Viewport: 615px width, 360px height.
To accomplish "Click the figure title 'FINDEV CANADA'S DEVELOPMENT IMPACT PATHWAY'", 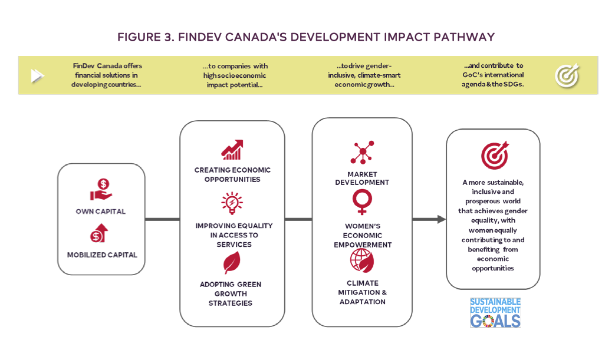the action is pos(336,37).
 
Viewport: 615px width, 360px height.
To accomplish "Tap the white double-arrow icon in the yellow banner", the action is pos(38,75).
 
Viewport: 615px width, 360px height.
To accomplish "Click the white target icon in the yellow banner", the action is pos(567,75).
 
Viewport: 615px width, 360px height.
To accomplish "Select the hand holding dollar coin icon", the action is pos(101,190).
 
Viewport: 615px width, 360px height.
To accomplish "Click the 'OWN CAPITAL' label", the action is pos(101,212).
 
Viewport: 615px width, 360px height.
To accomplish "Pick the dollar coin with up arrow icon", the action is pos(99,233).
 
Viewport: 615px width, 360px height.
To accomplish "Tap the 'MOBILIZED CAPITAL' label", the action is pos(102,255).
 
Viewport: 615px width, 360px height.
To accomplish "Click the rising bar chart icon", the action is pos(232,150).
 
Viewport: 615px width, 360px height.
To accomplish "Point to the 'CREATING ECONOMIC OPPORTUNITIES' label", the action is pos(232,175).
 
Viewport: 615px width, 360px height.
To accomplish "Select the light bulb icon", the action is pos(232,203).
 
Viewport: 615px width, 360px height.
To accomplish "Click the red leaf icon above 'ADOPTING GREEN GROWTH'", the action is pos(232,262).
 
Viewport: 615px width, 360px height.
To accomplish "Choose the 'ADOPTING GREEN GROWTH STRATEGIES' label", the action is pos(231,294).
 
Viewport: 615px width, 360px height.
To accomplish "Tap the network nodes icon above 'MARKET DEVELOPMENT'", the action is pos(363,152).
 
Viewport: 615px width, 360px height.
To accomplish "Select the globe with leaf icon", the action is pos(362,261).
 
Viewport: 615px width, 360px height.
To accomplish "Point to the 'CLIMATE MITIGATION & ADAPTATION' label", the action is pos(363,292).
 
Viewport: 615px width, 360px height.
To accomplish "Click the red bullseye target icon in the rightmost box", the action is pos(495,155).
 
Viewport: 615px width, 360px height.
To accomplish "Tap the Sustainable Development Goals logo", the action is pos(495,313).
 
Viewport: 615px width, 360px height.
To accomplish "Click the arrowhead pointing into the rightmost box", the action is pos(442,219).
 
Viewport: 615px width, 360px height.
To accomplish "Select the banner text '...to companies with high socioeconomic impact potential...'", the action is pos(235,75).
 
